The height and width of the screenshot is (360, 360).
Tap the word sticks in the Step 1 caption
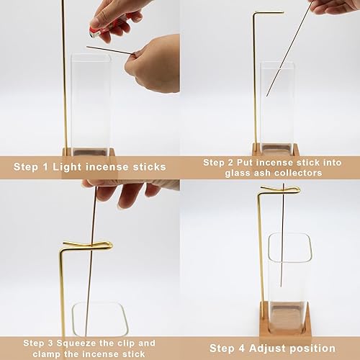pos(146,167)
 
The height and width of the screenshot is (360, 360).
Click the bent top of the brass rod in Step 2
pos(266,13)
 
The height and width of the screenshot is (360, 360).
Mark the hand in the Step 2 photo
pos(335,7)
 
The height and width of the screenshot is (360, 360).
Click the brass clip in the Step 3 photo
pos(86,246)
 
